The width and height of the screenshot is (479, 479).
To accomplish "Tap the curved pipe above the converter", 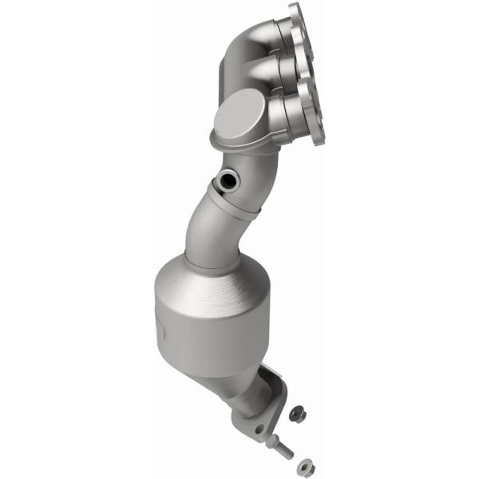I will coord(204,224).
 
